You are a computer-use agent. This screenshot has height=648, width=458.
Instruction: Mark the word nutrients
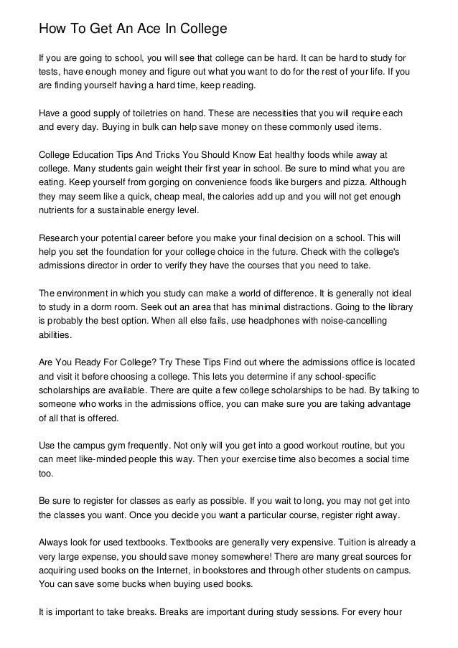point(57,210)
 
